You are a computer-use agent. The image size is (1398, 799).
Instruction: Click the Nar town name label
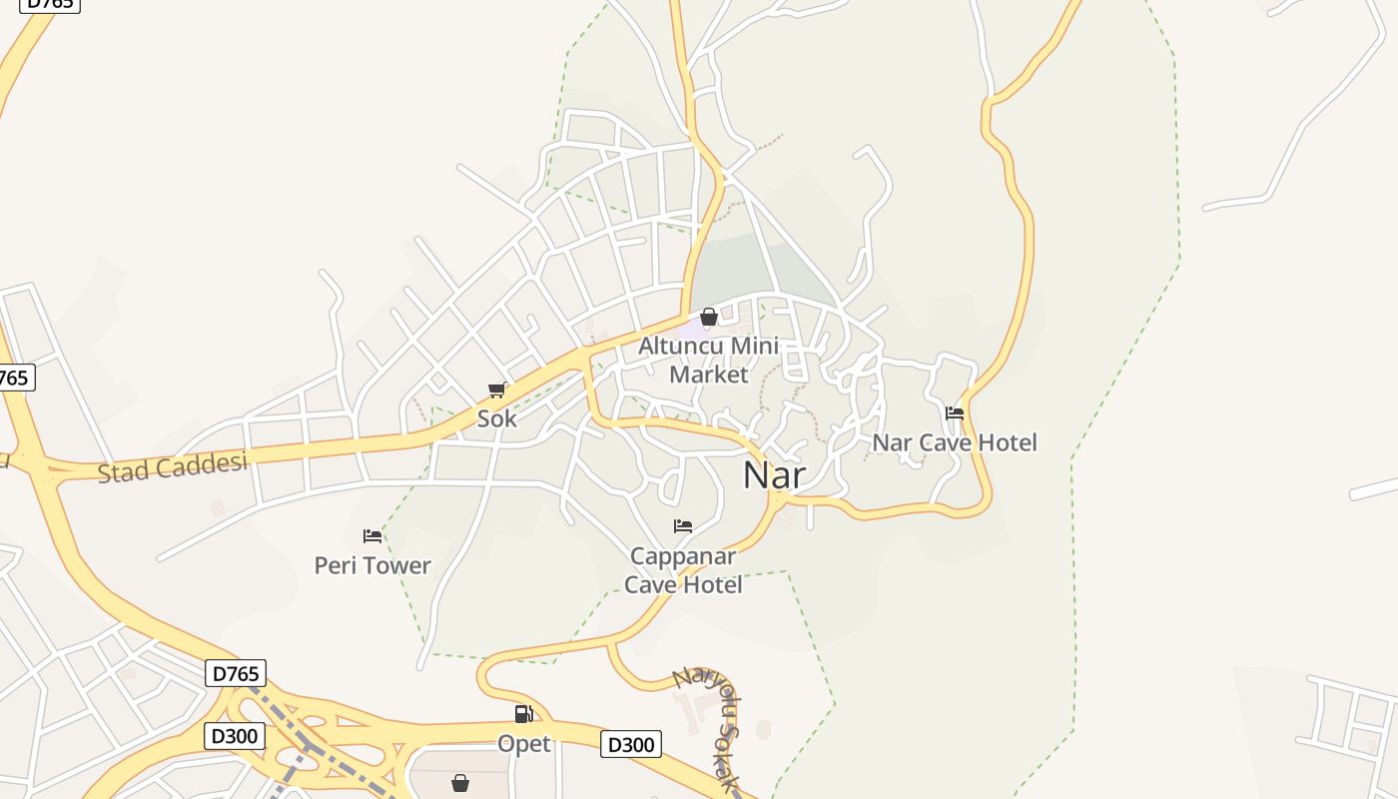pos(774,475)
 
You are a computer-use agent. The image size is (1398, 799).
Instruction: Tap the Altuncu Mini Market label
pos(708,360)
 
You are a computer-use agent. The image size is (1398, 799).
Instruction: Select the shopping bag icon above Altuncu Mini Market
pos(709,318)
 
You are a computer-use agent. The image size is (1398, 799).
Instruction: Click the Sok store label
pos(496,418)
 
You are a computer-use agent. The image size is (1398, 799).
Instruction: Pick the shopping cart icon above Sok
pos(496,390)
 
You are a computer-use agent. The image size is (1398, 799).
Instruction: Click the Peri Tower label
pos(372,565)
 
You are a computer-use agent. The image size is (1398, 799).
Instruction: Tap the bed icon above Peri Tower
pos(372,536)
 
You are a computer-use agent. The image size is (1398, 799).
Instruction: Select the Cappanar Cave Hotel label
pos(683,570)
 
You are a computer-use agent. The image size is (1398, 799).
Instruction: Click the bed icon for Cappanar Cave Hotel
pos(683,526)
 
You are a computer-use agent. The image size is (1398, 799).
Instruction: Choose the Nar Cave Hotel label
pos(955,442)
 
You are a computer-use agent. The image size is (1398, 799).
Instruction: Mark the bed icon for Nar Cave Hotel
pos(955,412)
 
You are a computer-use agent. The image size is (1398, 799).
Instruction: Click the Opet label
pos(523,744)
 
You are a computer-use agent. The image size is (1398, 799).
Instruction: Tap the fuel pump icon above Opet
pos(523,714)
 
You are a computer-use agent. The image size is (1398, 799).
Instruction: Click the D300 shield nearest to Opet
pos(630,744)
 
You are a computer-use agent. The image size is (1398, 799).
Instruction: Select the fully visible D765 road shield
pos(236,673)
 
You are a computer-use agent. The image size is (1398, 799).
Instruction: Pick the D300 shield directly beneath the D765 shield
pos(235,737)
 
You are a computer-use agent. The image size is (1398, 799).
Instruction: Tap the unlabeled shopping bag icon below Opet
pos(460,782)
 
